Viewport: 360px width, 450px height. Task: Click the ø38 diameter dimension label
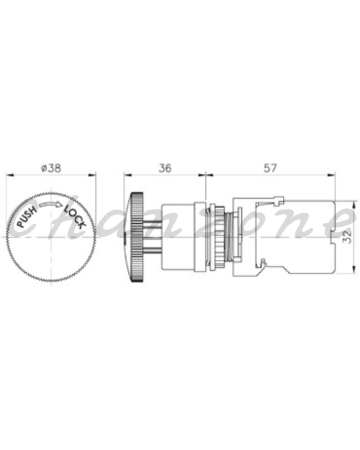[51, 168]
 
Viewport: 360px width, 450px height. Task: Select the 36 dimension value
[165, 168]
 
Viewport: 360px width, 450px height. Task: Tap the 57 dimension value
[270, 168]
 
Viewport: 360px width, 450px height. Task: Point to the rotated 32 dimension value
[348, 236]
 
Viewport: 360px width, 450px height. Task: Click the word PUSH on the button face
[27, 217]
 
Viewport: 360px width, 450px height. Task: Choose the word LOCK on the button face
[75, 217]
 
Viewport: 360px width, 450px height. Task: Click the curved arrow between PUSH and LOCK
[50, 204]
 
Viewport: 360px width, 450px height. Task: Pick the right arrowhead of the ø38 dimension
[92, 174]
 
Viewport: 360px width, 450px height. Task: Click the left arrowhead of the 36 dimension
[127, 174]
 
